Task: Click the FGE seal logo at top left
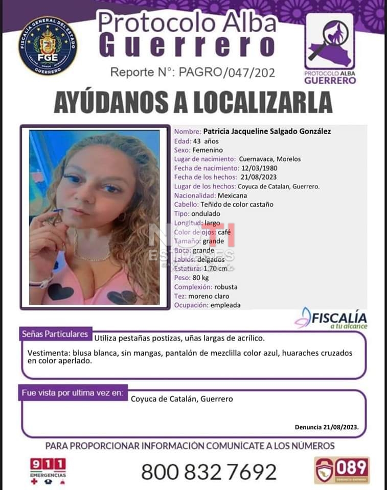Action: point(48,46)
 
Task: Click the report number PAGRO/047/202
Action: point(226,72)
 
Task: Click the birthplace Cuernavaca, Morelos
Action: point(269,159)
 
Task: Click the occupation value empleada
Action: point(225,305)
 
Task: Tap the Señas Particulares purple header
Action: point(55,334)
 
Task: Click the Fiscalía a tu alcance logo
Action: point(332,318)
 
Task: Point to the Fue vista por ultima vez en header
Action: point(72,393)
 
